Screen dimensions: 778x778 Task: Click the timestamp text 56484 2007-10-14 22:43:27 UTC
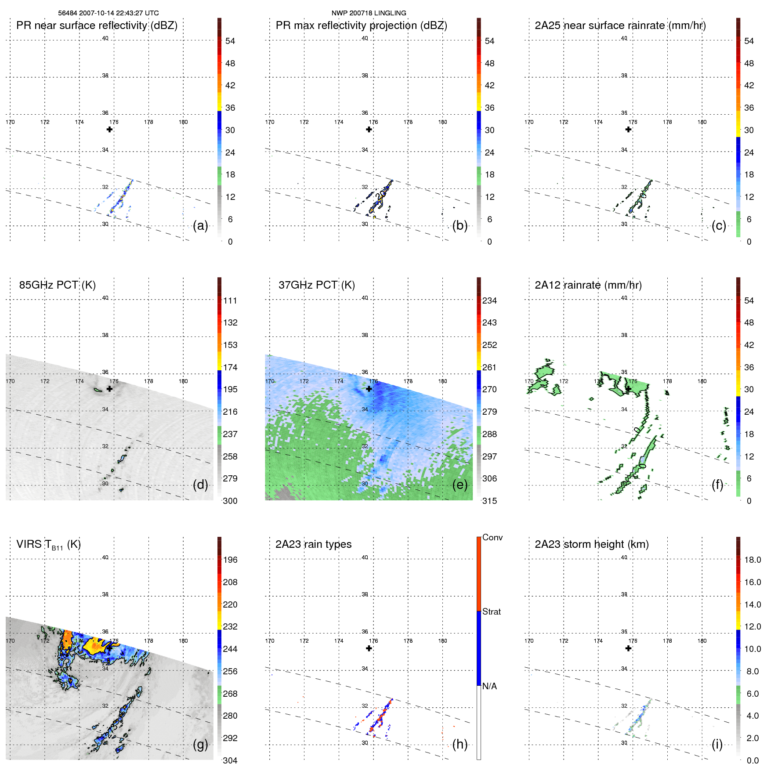109,13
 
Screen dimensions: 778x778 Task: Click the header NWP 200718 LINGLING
369,13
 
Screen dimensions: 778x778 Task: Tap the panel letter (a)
200,225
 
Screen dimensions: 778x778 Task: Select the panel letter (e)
460,485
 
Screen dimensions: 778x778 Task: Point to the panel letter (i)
717,744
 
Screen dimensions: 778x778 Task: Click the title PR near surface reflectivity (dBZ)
97,25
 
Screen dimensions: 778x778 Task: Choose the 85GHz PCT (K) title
57,285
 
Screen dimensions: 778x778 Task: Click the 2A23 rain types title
313,544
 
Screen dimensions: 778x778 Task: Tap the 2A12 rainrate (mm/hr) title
588,285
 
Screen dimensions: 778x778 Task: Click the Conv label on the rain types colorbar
492,538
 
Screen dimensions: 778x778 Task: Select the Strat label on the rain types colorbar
491,612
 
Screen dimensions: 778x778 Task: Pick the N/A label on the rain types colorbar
489,686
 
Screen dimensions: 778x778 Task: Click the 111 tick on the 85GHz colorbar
230,301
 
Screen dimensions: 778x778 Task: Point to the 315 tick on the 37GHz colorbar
489,501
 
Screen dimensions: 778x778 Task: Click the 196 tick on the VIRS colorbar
230,560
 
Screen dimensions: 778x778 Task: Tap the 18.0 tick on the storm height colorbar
752,560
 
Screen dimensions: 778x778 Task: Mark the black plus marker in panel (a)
109,129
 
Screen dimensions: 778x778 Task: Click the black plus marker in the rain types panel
369,648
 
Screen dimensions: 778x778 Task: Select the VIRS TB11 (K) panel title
48,545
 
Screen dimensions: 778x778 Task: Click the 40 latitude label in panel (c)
624,38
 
